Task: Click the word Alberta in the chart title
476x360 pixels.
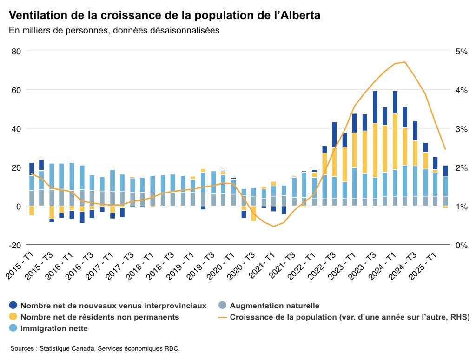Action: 298,15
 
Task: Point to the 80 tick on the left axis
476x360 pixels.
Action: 16,51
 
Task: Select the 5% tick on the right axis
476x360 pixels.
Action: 461,51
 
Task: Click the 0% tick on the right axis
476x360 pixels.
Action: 461,245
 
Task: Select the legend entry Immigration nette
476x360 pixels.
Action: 54,328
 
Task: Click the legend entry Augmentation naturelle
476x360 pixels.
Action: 274,306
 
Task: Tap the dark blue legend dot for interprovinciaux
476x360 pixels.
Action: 13,306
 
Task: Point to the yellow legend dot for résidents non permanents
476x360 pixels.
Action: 13,317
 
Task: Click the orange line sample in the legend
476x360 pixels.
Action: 222,317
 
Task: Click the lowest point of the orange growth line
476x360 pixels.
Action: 274,227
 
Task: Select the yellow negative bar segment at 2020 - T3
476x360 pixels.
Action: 254,213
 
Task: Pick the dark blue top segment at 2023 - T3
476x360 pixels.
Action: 375,107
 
